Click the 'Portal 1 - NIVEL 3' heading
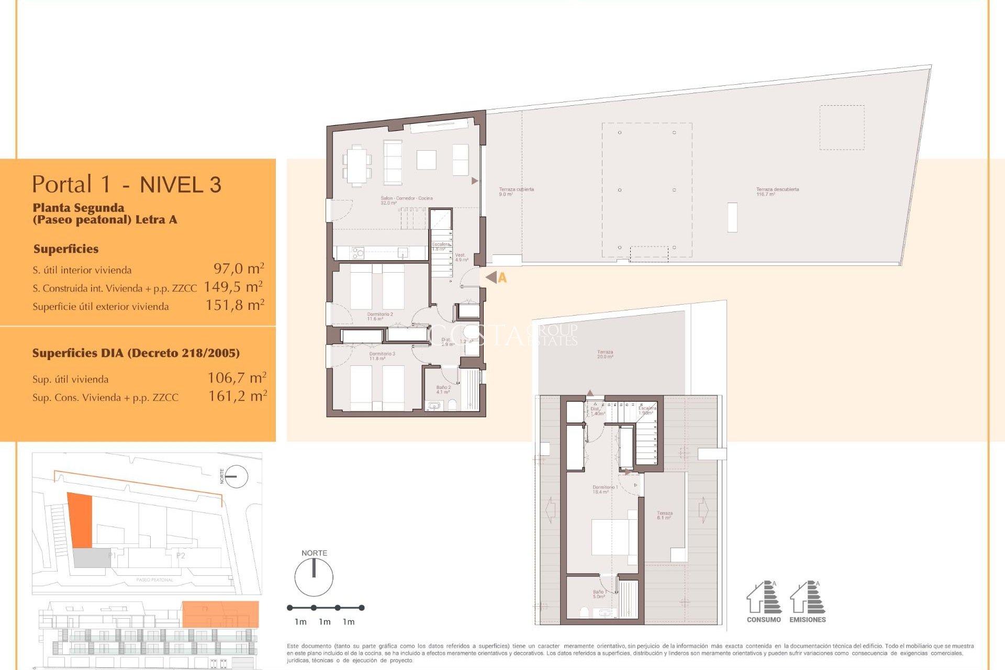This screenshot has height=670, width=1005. coord(127,184)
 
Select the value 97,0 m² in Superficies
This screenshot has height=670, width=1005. coord(238,269)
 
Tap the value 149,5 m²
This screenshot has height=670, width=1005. coord(233,287)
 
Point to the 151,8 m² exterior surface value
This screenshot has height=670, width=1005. coord(234,305)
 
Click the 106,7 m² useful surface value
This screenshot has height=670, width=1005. coord(237,377)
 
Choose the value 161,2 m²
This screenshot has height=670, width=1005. coord(237,396)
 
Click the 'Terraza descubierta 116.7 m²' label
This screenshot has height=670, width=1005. coord(777,192)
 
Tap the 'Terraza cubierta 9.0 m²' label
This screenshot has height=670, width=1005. coord(516,192)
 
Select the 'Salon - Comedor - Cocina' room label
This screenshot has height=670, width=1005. coord(406,200)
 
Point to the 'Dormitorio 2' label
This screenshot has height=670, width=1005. coord(379,316)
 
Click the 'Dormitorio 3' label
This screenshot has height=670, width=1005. coord(382,355)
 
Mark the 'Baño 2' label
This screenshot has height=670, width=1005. coord(443,389)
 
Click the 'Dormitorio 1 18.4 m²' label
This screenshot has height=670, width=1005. coord(605,489)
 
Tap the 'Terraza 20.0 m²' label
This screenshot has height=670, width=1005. coord(605,354)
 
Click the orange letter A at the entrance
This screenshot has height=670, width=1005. coord(502,278)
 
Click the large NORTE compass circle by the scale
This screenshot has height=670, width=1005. coord(314,577)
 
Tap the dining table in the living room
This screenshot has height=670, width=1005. coord(358,166)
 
